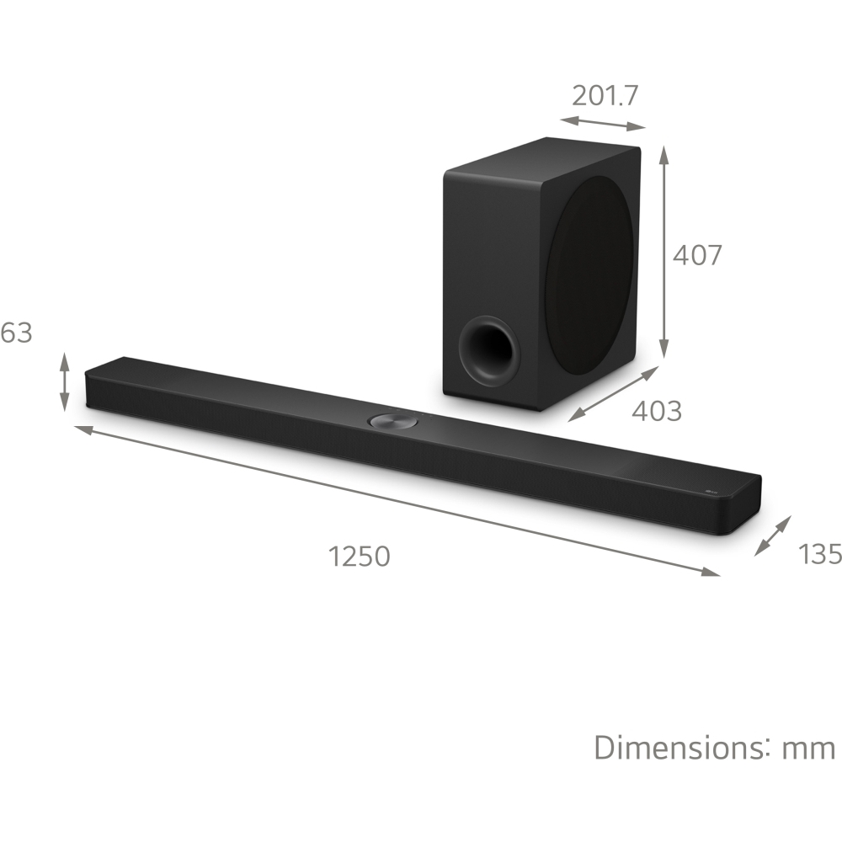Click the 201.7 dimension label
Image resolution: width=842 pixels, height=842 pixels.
[605, 95]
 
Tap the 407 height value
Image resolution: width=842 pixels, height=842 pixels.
[696, 254]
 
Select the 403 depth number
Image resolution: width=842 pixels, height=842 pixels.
[656, 411]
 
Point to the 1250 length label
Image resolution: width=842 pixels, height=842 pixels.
[360, 557]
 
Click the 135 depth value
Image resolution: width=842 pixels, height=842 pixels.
[818, 553]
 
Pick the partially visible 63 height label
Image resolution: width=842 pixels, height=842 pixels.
[16, 333]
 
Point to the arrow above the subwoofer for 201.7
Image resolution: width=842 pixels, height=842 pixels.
[602, 123]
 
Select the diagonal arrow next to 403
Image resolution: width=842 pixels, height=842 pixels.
[612, 393]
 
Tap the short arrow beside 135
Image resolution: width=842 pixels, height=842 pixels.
[773, 536]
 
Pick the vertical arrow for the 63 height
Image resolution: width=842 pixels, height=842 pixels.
[65, 382]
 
